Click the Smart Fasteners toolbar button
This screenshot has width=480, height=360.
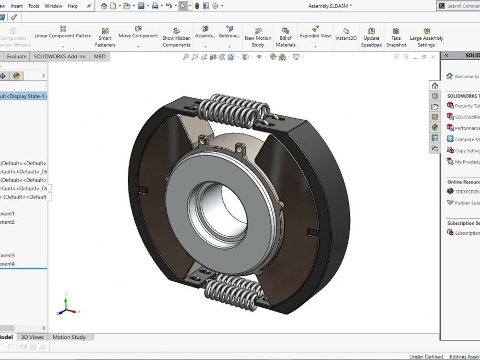point(105,37)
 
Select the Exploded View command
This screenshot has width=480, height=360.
point(315,32)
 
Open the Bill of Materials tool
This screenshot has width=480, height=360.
point(286,37)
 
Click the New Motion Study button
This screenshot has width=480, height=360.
point(258,37)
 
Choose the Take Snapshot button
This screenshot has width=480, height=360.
point(396,37)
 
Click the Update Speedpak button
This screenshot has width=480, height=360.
point(371,37)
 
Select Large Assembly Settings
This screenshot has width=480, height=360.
point(426,37)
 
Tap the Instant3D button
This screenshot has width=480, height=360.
point(346,34)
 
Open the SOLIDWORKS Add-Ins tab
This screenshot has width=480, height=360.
point(60,56)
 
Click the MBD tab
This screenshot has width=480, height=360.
point(99,56)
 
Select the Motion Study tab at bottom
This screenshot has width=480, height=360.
point(69,337)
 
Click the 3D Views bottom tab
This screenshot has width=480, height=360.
point(32,337)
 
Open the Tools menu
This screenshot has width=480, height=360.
point(34,6)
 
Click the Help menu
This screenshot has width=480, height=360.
point(72,6)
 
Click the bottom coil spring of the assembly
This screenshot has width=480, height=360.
point(230,291)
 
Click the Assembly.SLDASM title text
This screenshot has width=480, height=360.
point(329,6)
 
